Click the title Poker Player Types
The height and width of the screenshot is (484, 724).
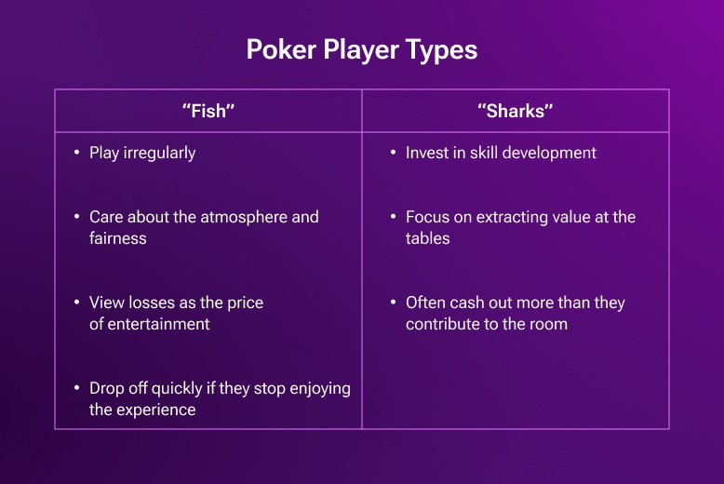pyautogui.click(x=361, y=49)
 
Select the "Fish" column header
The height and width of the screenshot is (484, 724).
pyautogui.click(x=208, y=112)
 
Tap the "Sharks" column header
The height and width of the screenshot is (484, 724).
pyautogui.click(x=515, y=112)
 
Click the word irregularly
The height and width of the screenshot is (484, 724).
pyautogui.click(x=159, y=153)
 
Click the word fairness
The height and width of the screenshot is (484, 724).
pyautogui.click(x=118, y=238)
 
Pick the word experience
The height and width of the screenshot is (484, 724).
pyautogui.click(x=157, y=410)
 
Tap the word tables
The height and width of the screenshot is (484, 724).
pyautogui.click(x=428, y=238)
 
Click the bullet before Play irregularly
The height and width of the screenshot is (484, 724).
pyautogui.click(x=76, y=153)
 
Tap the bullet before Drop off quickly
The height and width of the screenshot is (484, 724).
pyautogui.click(x=76, y=388)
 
